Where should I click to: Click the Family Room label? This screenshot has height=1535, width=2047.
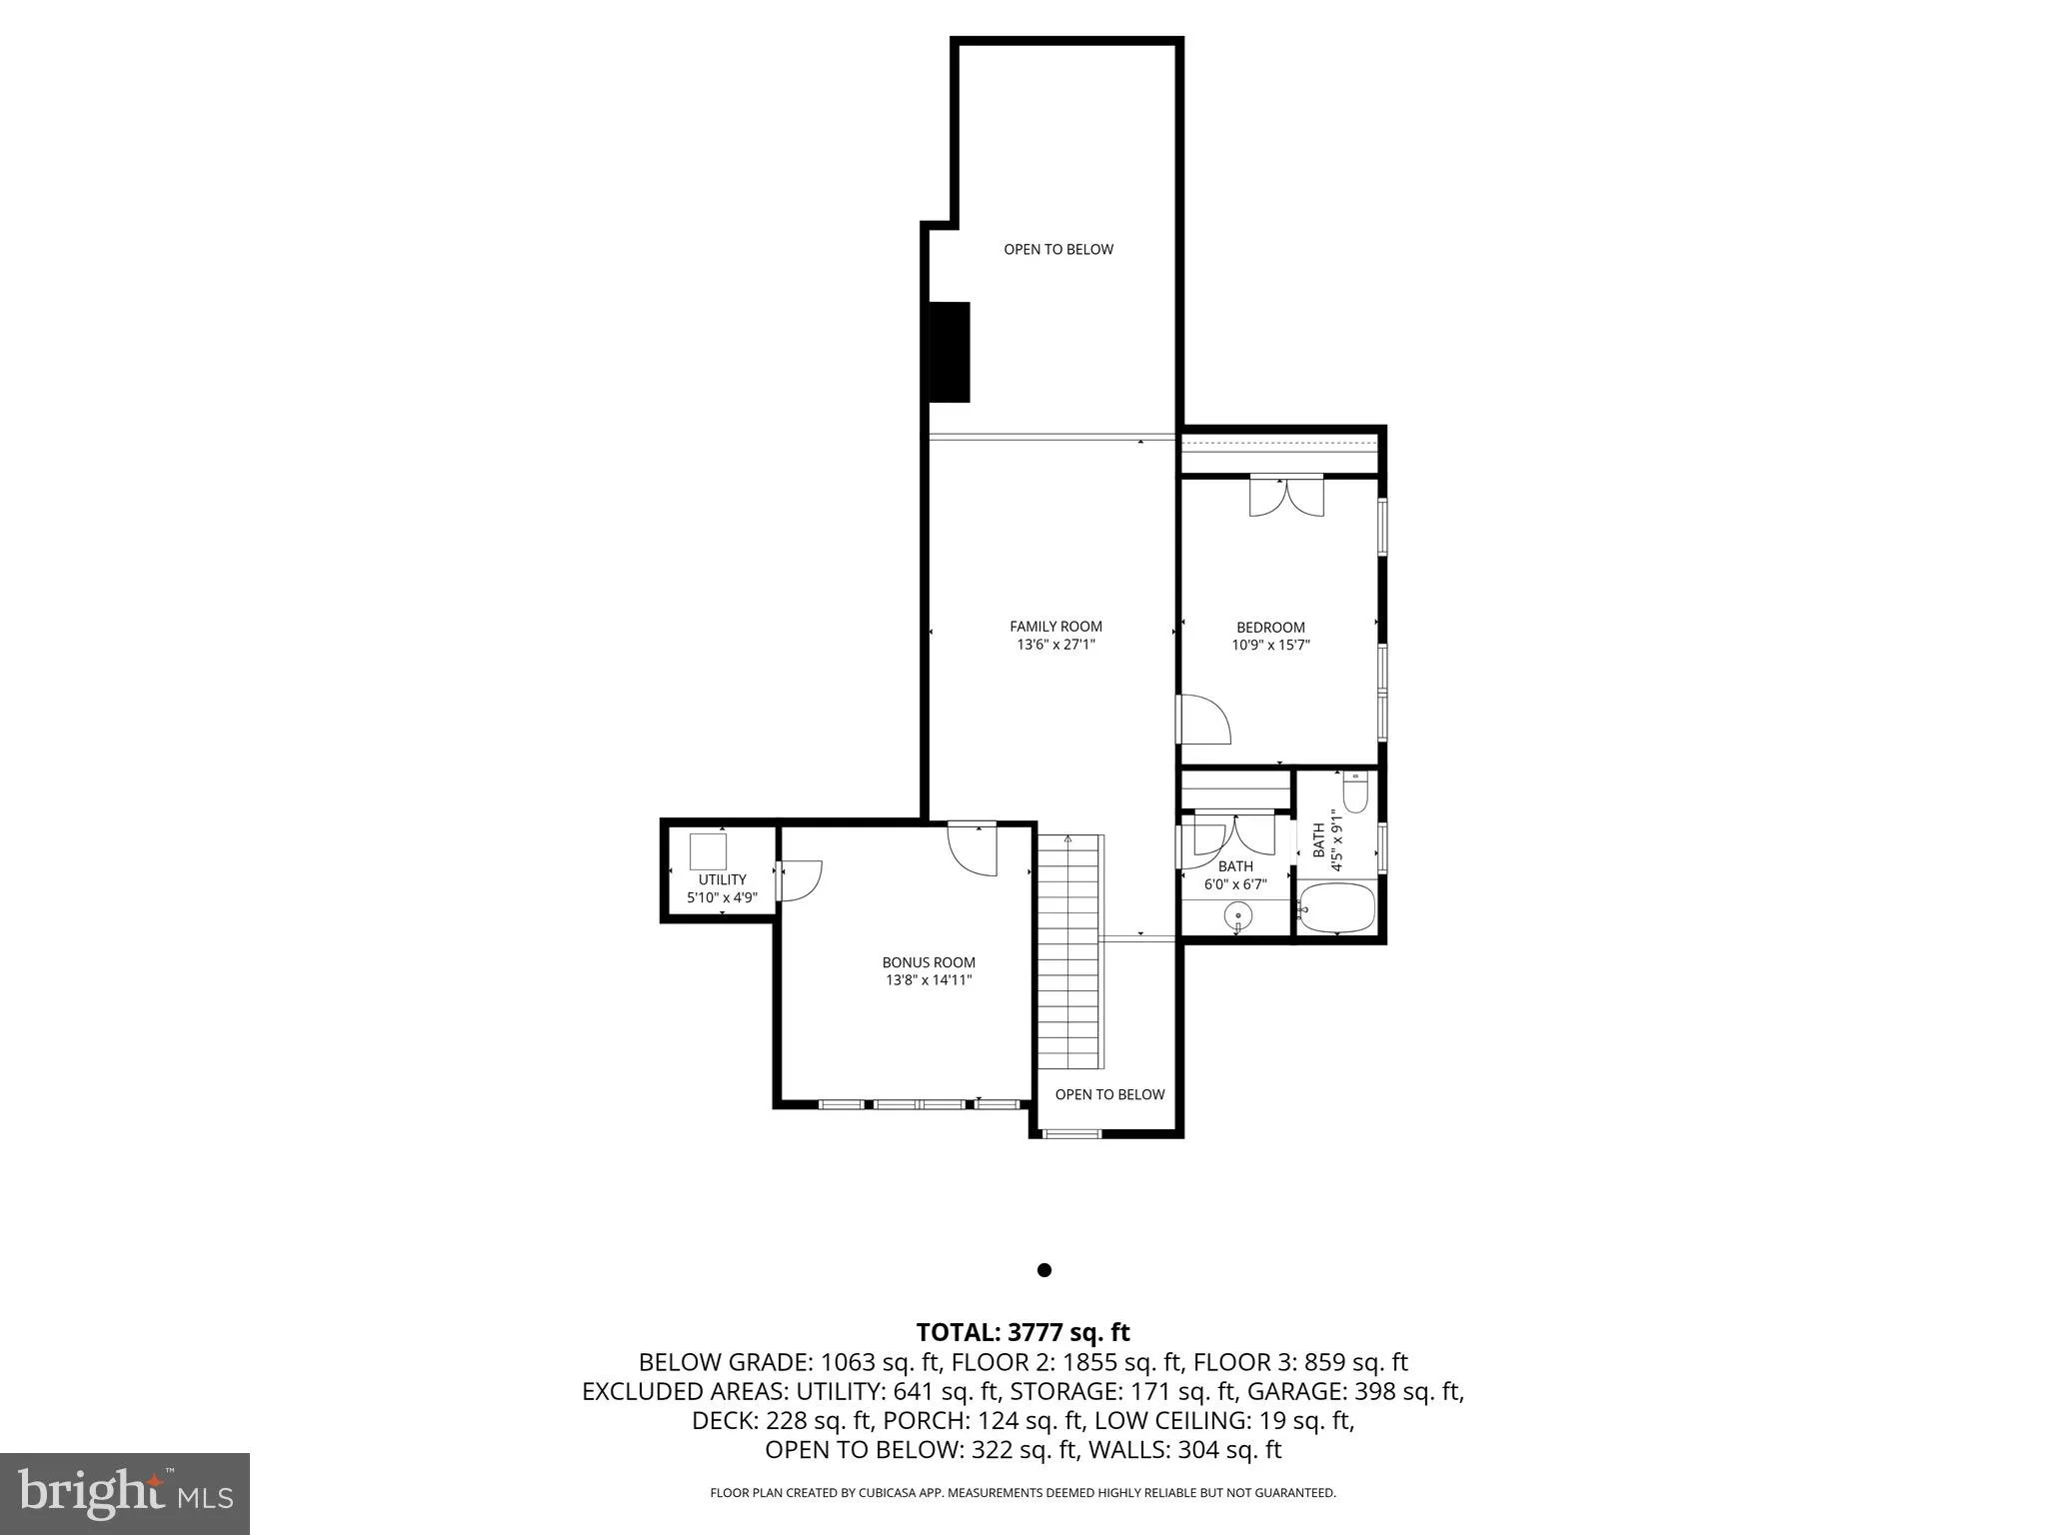(1055, 627)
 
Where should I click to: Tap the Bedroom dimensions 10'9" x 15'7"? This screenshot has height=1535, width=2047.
(1270, 646)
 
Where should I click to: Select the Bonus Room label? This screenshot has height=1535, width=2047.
(928, 962)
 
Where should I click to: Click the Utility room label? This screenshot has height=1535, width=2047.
(722, 879)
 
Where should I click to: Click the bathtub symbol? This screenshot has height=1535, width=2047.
(1336, 907)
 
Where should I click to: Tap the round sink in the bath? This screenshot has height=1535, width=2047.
(1238, 914)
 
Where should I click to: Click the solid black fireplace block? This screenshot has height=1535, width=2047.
(950, 352)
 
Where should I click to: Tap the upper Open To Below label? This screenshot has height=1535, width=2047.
(1058, 249)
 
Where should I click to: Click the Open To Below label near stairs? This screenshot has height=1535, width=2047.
(1109, 1094)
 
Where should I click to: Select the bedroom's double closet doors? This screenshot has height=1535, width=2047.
(1286, 496)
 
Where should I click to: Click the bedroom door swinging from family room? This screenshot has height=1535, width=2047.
(1205, 720)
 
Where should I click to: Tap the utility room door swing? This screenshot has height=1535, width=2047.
(800, 880)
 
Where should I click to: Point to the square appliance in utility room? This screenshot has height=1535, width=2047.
(708, 851)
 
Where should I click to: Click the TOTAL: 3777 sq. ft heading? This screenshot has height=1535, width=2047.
(1023, 1332)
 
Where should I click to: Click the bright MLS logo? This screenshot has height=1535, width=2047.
(125, 1493)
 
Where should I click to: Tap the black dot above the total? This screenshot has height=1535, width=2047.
(1044, 1270)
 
